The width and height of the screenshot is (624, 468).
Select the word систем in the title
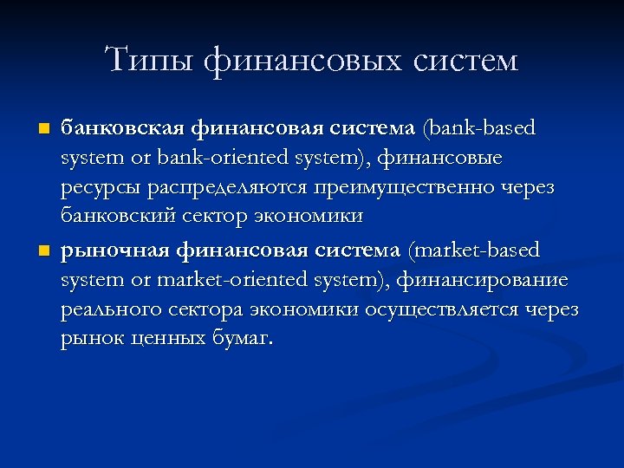464,60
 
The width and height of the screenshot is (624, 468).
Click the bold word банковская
122,128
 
